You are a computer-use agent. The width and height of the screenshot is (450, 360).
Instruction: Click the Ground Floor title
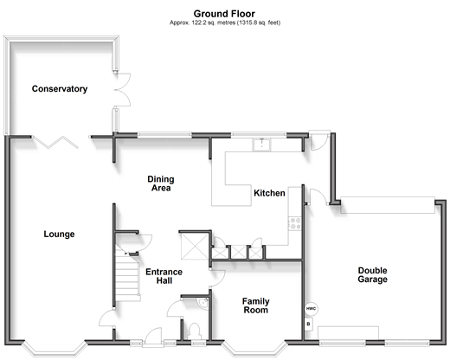point(224,14)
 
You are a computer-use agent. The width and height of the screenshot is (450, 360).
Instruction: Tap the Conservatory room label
point(60,88)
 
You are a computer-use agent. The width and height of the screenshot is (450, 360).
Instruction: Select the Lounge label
point(59,234)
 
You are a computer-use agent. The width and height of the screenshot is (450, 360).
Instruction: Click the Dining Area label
point(161,183)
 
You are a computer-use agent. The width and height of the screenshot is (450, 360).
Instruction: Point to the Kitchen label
point(269,193)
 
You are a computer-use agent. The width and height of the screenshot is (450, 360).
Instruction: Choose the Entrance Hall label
point(164,276)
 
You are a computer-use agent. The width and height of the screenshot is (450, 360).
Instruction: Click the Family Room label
point(256,305)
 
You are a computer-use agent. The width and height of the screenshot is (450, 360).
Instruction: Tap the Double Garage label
point(372,274)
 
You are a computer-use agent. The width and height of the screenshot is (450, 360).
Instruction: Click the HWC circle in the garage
point(312,309)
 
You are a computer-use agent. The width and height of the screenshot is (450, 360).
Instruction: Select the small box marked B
point(309,324)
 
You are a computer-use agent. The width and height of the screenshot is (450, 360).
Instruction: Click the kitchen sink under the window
point(262,145)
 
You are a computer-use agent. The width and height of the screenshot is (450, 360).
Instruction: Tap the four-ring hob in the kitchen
point(295,223)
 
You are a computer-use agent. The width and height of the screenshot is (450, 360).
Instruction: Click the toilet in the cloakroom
point(194,331)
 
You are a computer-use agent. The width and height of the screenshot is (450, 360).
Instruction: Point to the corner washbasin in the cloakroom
point(203,304)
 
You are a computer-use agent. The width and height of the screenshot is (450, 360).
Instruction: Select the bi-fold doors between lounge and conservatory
point(55,142)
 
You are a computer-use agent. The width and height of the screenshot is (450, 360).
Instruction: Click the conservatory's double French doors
point(122,90)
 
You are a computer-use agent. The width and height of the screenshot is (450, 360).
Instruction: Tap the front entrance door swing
point(153,336)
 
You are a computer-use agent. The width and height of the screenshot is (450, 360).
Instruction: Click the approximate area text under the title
point(225,22)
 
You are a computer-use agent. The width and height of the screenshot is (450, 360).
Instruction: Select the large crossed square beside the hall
point(194,246)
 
